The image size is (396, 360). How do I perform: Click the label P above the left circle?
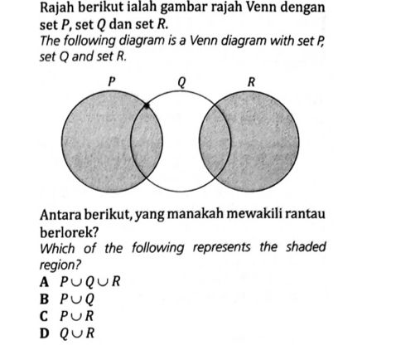[113, 80]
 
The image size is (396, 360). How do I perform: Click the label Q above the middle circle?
[181, 80]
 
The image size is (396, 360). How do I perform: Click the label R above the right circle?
[253, 80]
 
